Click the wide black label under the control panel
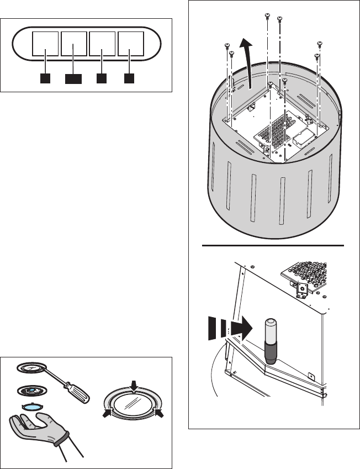(73, 79)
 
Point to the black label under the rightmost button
(129, 78)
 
